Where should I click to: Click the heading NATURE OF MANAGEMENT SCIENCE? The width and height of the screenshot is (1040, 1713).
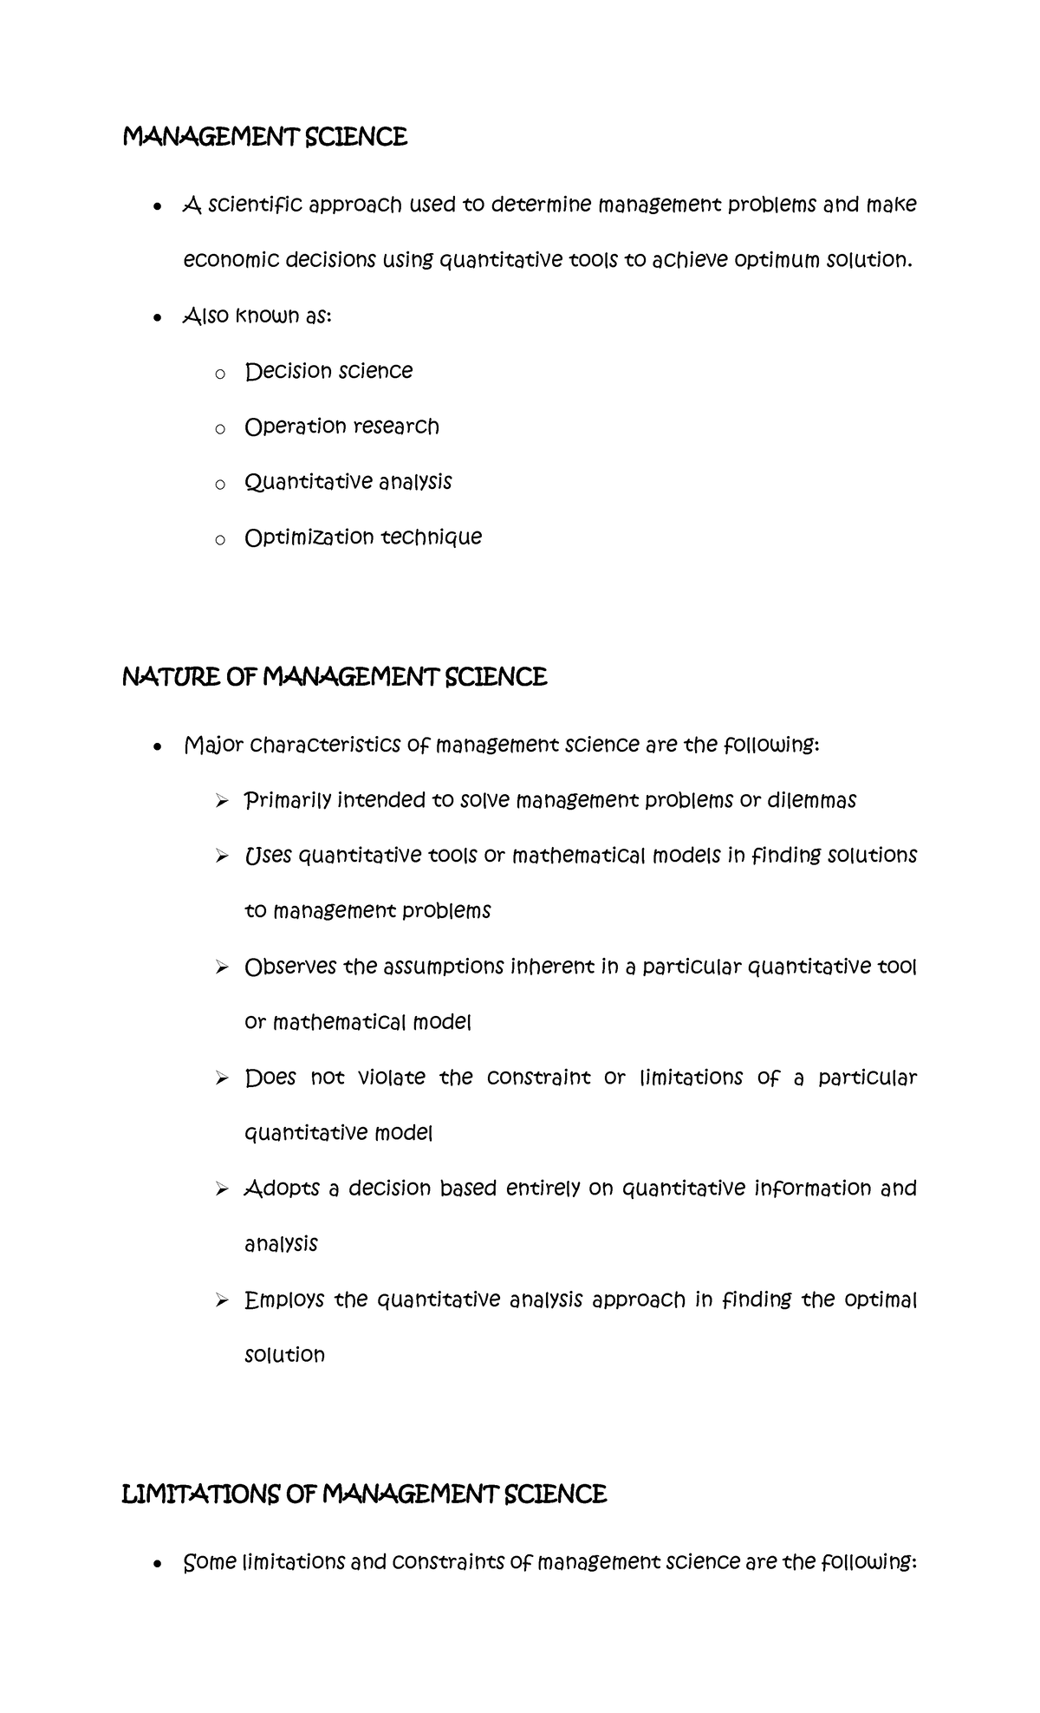click(x=335, y=677)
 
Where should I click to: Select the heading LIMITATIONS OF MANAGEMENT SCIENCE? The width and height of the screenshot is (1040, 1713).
click(x=364, y=1494)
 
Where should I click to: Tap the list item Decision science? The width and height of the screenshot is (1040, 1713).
click(x=328, y=371)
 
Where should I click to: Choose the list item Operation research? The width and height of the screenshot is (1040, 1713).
click(x=341, y=427)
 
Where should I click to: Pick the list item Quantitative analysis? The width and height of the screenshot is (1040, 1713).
click(x=348, y=482)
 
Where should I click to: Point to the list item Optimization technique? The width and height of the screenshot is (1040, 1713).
click(x=363, y=537)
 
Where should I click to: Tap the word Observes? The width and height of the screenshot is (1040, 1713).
click(x=289, y=967)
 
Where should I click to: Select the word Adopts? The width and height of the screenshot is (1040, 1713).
click(x=283, y=1189)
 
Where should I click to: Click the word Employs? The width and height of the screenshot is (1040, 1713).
click(x=284, y=1299)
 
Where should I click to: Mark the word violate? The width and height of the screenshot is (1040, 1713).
click(x=392, y=1078)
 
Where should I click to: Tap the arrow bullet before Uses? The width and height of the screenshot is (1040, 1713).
click(x=222, y=856)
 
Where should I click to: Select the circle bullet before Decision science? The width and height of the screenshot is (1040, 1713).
click(x=220, y=374)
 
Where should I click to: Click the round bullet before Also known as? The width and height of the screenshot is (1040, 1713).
click(x=156, y=317)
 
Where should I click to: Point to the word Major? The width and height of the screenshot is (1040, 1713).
click(x=213, y=746)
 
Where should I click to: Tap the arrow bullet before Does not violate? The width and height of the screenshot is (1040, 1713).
click(x=222, y=1078)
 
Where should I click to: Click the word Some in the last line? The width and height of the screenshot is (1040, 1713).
click(x=210, y=1562)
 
